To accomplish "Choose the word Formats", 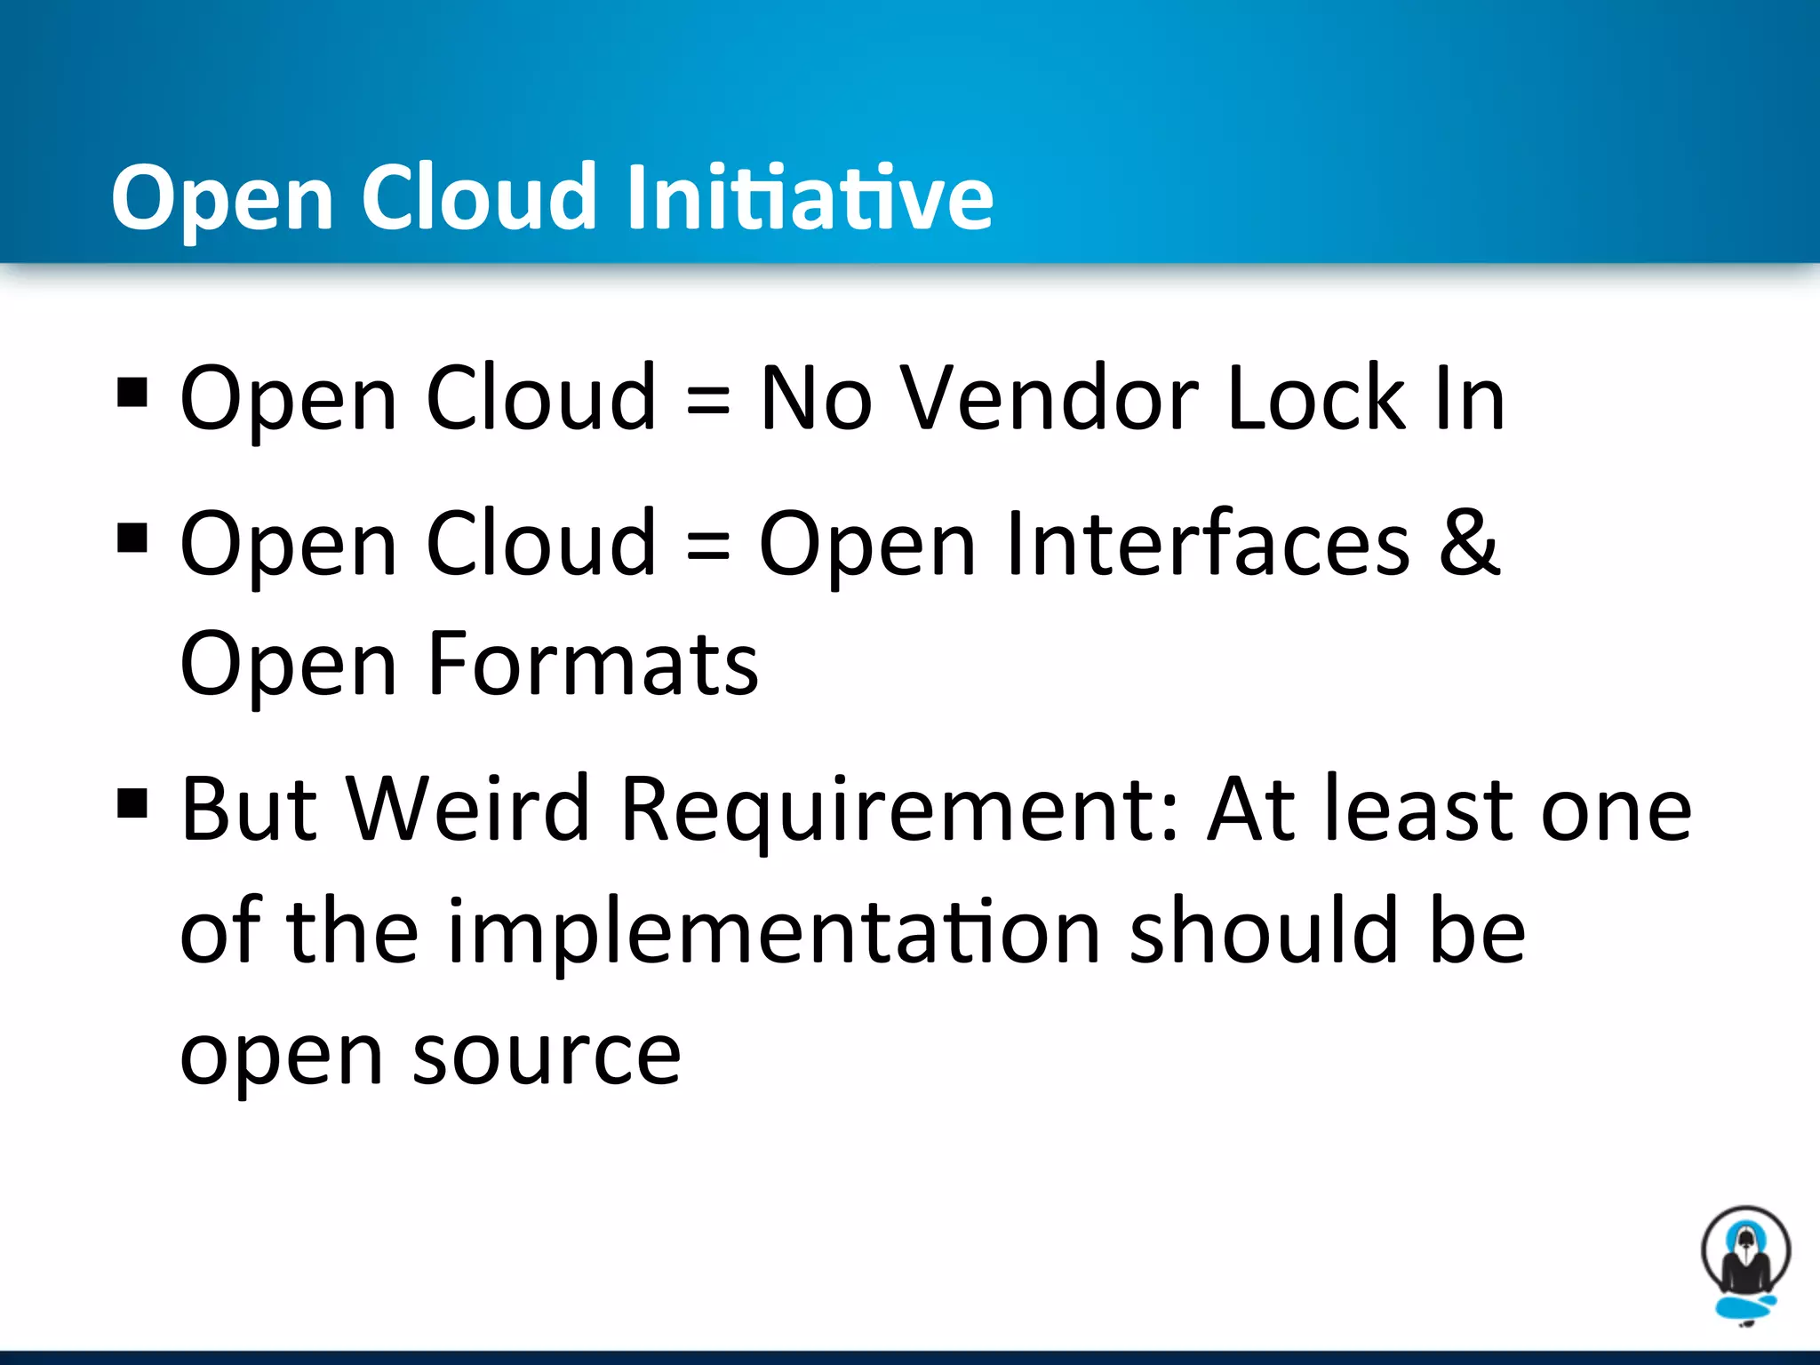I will click(x=593, y=665).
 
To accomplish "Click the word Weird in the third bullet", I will click(x=467, y=809).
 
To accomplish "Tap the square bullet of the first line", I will click(x=132, y=392).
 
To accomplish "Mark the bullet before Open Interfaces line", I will click(x=132, y=538).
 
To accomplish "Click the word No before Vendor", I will click(x=815, y=400).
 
